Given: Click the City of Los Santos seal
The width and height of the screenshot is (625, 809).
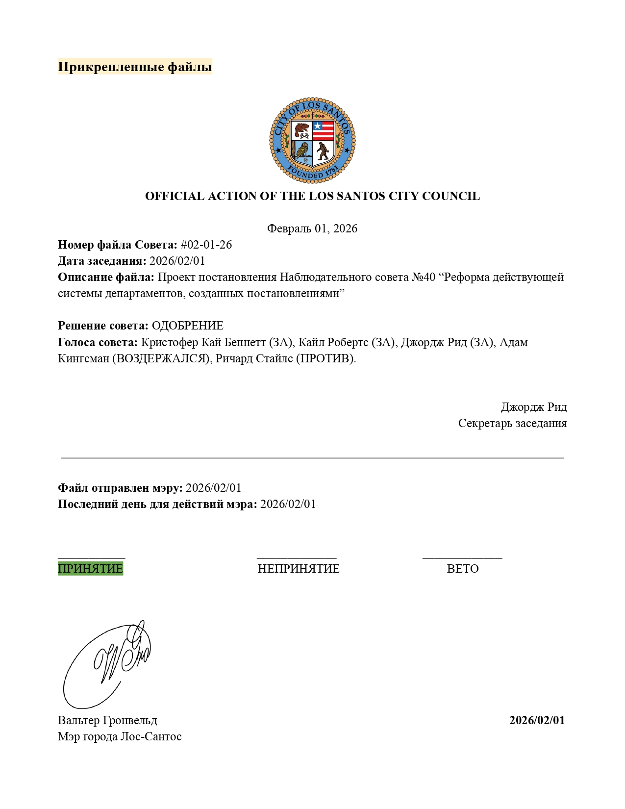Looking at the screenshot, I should point(312,140).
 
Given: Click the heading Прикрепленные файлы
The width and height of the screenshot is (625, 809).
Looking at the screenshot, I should point(135,66).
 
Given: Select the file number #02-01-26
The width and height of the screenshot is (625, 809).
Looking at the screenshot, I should point(206,245).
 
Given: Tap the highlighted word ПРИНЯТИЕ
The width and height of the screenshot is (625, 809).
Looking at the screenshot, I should point(90,569).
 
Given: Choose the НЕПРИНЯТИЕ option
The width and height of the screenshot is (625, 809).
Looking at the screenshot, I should point(299,569).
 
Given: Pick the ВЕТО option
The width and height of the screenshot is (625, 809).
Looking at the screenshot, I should point(462,569).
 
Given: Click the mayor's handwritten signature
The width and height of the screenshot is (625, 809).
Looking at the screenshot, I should point(108,664).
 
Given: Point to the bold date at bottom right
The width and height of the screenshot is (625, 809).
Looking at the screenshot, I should point(537,720).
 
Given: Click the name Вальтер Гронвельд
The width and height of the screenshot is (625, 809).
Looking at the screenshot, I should point(107,720).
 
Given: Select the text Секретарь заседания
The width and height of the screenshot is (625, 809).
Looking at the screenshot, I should point(512,423).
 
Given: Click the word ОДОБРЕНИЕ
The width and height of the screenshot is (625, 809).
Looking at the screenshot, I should point(187,326).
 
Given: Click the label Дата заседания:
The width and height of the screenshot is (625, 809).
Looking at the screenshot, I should point(102,261).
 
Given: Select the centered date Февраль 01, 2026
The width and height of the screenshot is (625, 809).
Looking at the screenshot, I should point(312,228).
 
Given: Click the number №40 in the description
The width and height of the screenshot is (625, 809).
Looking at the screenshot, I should point(424,277).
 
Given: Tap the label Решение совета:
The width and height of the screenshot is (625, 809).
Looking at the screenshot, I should point(103,326).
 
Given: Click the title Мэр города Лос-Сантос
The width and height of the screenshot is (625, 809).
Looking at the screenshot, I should point(120,736).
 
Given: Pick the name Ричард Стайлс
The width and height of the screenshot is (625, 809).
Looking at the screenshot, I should point(254,358).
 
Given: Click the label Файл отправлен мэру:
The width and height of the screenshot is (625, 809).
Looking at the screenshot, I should point(120,488).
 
